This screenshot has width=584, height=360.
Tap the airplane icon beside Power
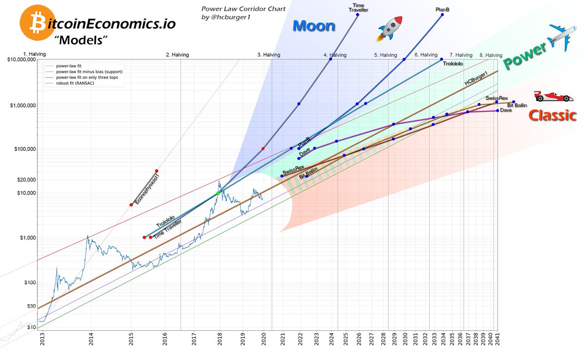point(560,37)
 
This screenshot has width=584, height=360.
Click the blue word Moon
point(314,25)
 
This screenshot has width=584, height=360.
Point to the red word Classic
point(553,116)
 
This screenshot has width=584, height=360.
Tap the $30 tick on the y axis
point(31,306)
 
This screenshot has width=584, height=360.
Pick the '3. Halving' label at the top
point(269,55)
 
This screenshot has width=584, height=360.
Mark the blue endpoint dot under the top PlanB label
point(442,15)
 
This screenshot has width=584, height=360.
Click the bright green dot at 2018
point(218,193)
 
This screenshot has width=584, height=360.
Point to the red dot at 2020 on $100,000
point(263,148)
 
